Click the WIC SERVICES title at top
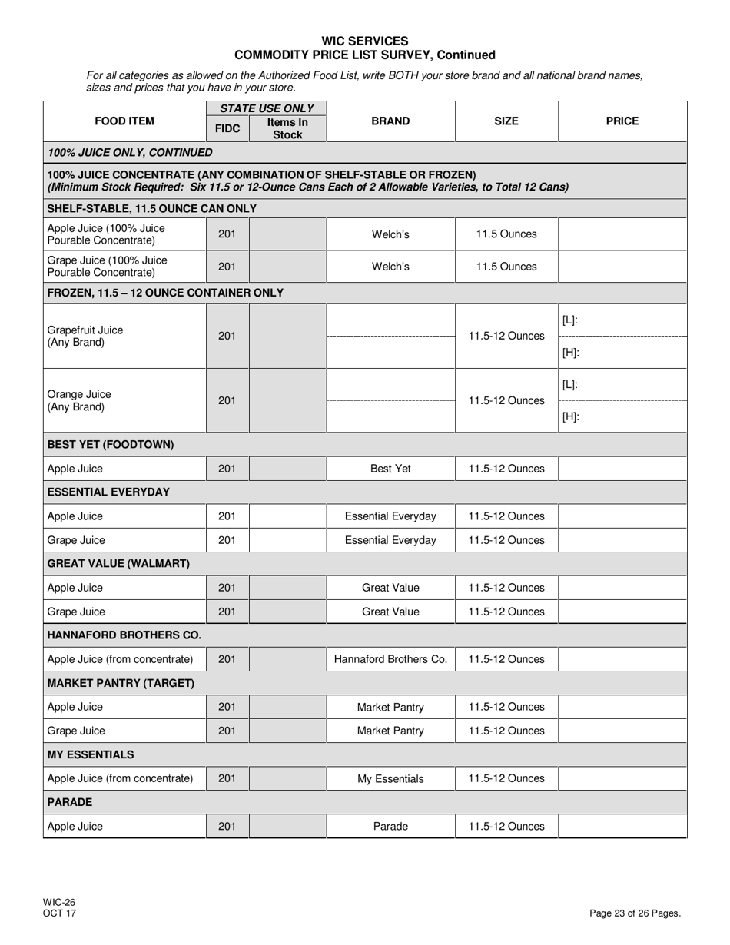click(x=364, y=41)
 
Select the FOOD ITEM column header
click(x=124, y=121)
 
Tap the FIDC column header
click(x=227, y=128)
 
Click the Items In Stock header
click(x=287, y=128)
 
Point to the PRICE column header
click(x=622, y=121)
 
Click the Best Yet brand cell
click(x=390, y=469)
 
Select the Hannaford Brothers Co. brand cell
click(x=390, y=659)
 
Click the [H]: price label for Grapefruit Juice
click(x=570, y=353)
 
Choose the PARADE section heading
click(x=70, y=802)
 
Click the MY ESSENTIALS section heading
click(x=91, y=754)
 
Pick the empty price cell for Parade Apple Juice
click(x=622, y=827)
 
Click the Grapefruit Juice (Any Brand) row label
click(x=85, y=336)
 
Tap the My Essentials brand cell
click(x=390, y=779)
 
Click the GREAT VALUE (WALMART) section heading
click(x=118, y=564)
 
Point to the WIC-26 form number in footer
click(x=59, y=903)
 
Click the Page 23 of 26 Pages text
click(x=635, y=913)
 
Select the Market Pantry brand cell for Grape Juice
click(x=390, y=731)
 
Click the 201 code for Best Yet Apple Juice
click(x=227, y=469)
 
